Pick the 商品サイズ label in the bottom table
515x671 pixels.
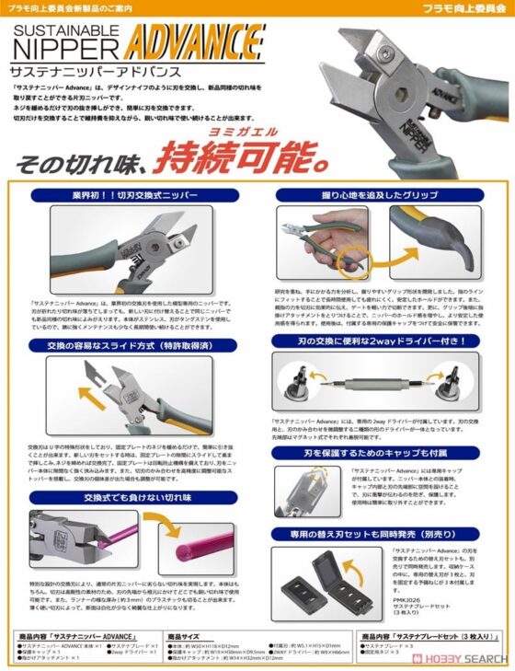[183, 636]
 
